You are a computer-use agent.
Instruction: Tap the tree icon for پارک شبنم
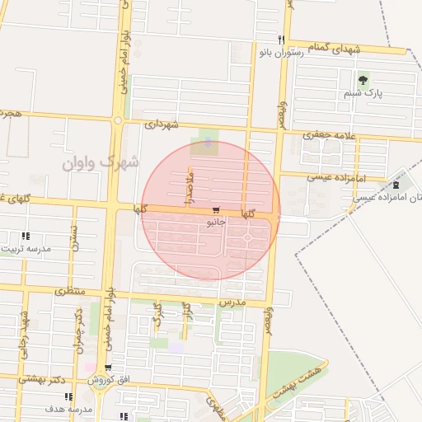pyautogui.click(x=363, y=80)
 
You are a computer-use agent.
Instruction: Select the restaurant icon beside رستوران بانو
pyautogui.click(x=281, y=40)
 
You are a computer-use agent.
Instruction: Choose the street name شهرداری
pyautogui.click(x=162, y=124)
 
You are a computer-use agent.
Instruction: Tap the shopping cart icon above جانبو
pyautogui.click(x=216, y=211)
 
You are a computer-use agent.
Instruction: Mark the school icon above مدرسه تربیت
pyautogui.click(x=25, y=236)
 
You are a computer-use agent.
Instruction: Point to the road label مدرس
pyautogui.click(x=233, y=303)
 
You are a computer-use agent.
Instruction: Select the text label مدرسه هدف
pyautogui.click(x=61, y=409)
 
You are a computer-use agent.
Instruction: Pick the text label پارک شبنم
pyautogui.click(x=363, y=95)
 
